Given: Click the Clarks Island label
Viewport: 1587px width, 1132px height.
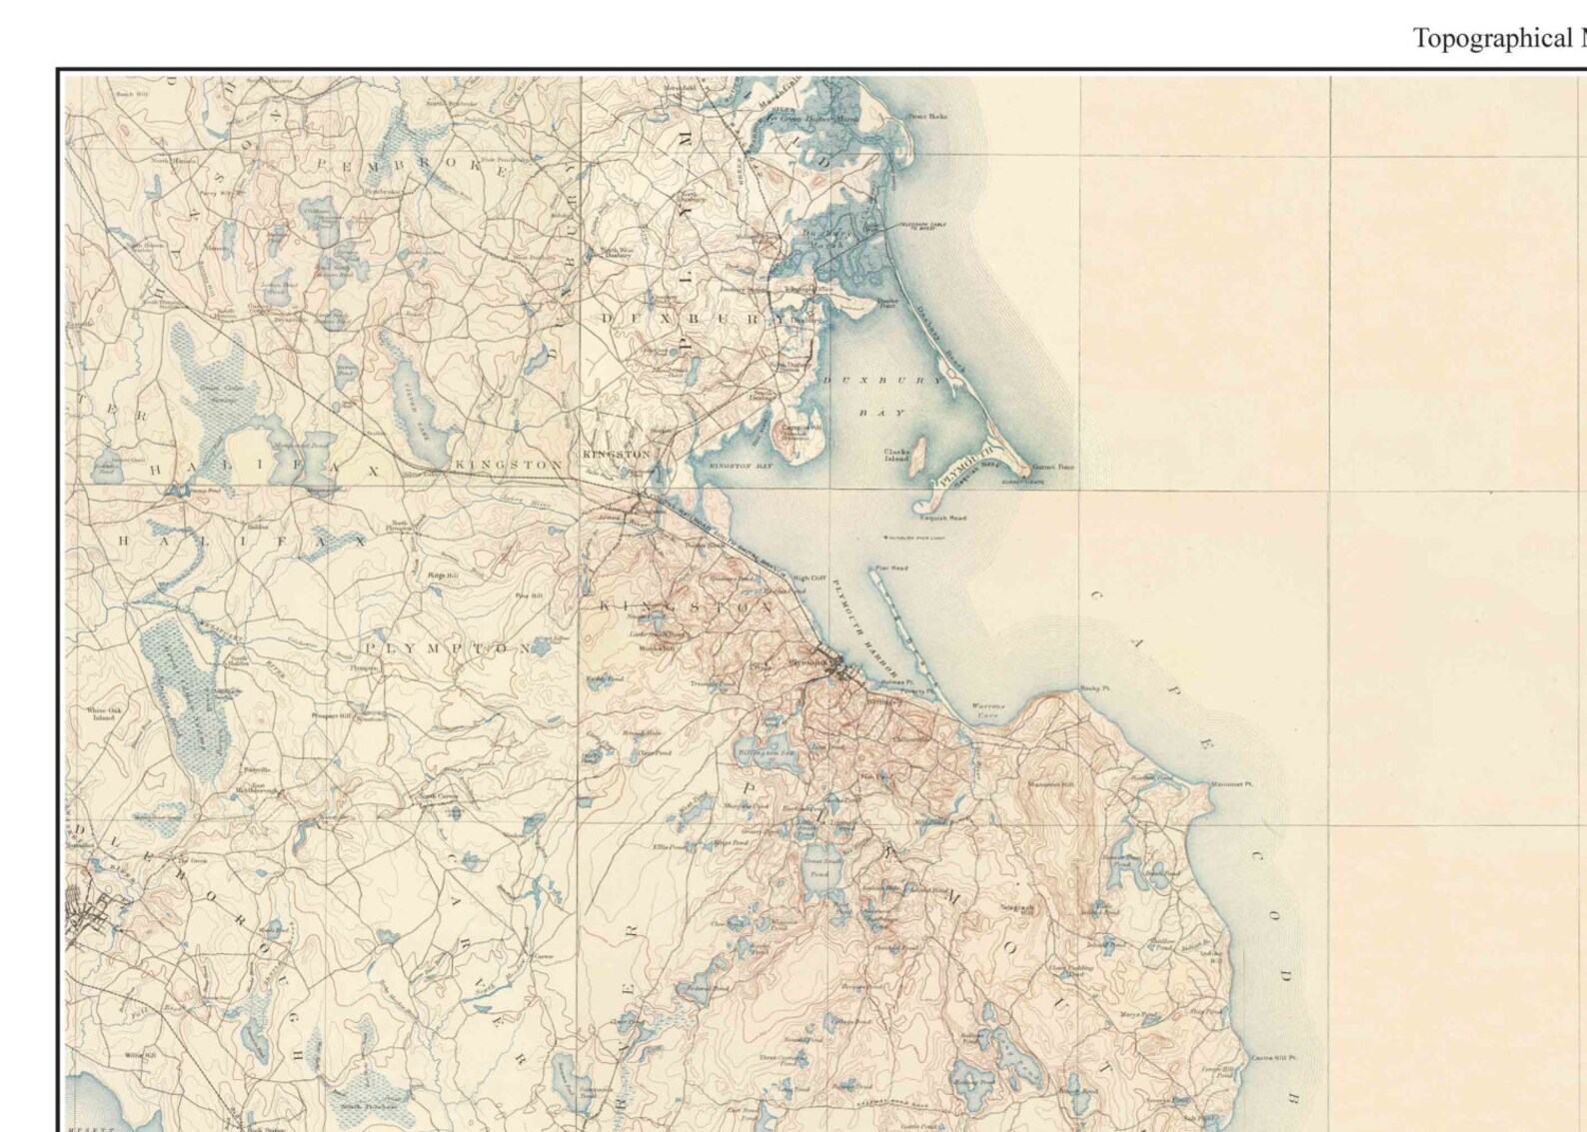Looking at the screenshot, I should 896,455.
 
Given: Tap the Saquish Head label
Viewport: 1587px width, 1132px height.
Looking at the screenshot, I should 944,518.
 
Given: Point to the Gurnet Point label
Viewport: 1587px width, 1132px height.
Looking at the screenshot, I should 1053,467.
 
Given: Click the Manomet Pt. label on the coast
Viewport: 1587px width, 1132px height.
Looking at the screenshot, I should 1231,783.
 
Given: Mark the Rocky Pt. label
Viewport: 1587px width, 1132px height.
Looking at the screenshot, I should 1095,688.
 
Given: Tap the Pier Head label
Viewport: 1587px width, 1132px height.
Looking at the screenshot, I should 891,567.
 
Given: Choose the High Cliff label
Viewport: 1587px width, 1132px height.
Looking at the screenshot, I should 809,577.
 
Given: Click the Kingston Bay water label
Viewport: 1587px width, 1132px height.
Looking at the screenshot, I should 741,466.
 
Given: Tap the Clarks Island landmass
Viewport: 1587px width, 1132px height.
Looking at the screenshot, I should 917,455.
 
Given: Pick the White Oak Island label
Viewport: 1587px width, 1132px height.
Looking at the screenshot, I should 104,713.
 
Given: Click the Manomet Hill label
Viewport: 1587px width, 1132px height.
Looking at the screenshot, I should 1050,784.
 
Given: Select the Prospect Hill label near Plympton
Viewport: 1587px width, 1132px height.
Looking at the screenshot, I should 331,715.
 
